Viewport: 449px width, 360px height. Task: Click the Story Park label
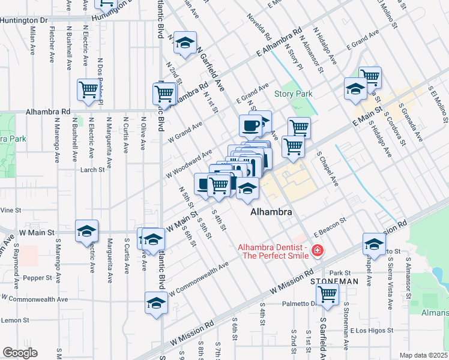pyautogui.click(x=294, y=94)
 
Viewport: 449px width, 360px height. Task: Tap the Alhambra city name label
pyautogui.click(x=271, y=213)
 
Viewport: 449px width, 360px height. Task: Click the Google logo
pyautogui.click(x=20, y=353)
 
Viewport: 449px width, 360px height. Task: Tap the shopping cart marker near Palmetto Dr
pyautogui.click(x=327, y=294)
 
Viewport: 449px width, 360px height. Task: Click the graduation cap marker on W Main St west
pyautogui.click(x=86, y=230)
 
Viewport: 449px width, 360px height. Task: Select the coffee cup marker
pyautogui.click(x=250, y=125)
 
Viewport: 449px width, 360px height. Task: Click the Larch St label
pyautogui.click(x=93, y=170)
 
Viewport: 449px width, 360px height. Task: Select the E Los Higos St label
pyautogui.click(x=372, y=330)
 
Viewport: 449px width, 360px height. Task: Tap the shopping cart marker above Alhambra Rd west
pyautogui.click(x=88, y=90)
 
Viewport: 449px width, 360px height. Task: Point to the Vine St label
pyautogui.click(x=11, y=211)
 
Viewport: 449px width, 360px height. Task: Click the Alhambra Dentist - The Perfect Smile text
pyautogui.click(x=273, y=251)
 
